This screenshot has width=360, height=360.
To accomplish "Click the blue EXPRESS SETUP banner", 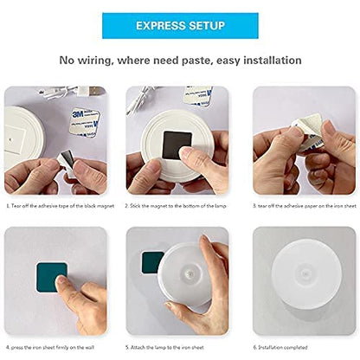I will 179,25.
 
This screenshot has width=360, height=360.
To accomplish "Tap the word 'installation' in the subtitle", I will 263,61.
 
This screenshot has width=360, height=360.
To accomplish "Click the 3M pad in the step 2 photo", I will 198,94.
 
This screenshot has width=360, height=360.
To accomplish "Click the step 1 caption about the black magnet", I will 56,206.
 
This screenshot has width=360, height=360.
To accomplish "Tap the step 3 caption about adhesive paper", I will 303,206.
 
